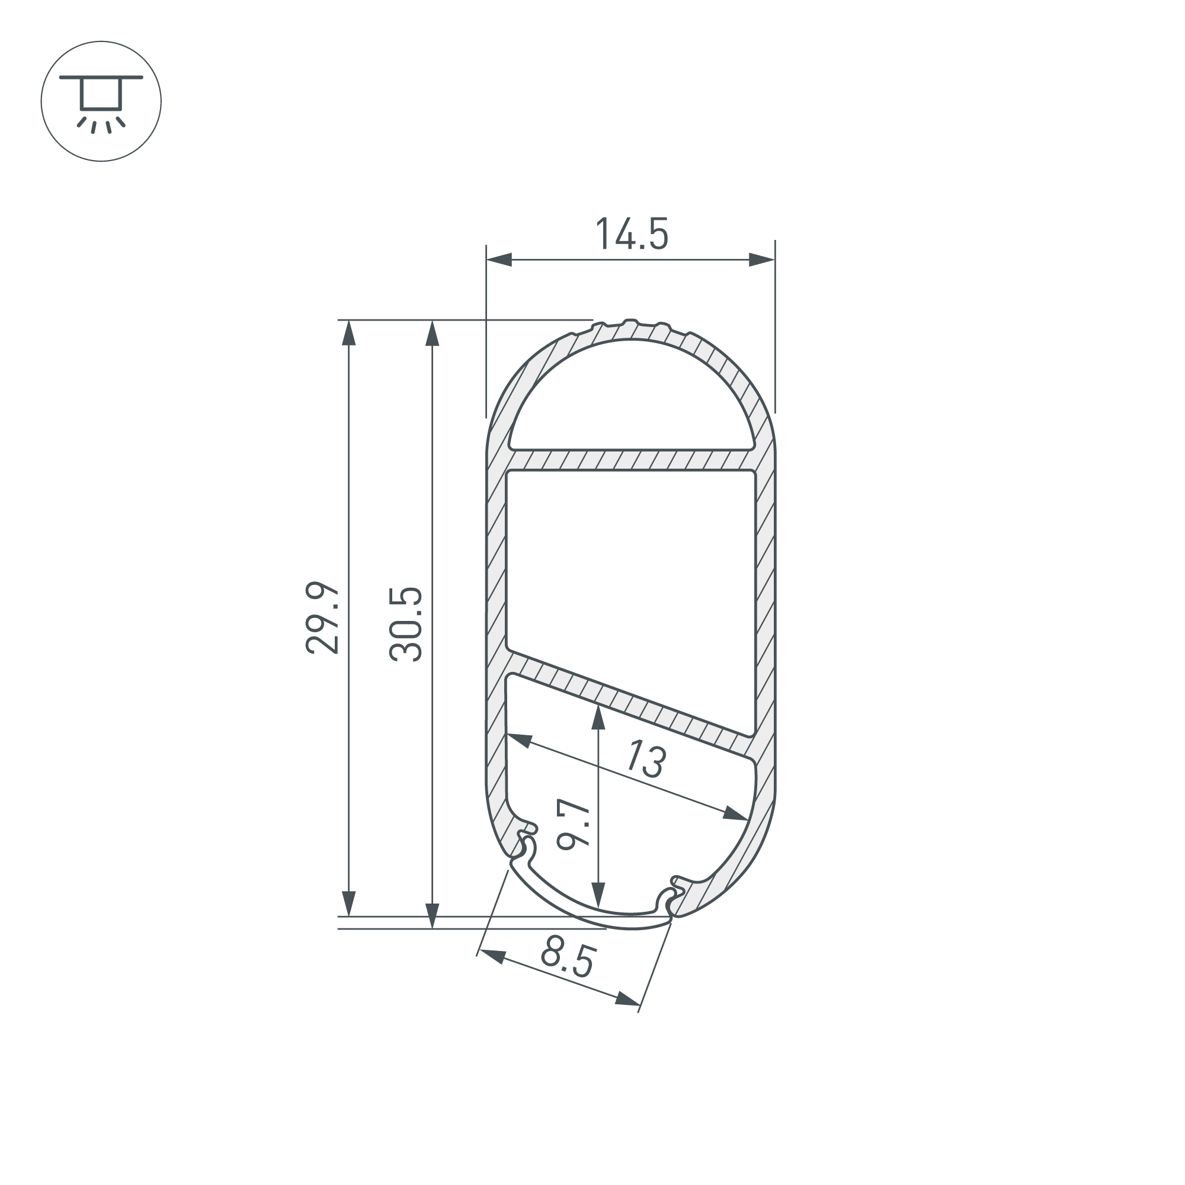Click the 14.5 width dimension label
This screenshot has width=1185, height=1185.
tap(632, 233)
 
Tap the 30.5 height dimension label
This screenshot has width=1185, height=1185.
tap(406, 624)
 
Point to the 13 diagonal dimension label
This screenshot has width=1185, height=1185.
tap(646, 759)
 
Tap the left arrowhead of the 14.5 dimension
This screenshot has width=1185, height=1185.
tap(499, 260)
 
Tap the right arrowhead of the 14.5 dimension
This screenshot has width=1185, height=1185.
tap(763, 260)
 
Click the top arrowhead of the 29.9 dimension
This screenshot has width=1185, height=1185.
tap(349, 333)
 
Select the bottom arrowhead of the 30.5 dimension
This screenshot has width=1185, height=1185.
tap(433, 916)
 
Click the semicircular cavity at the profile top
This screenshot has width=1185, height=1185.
tap(632, 399)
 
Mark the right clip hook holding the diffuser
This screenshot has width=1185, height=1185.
tap(670, 900)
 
